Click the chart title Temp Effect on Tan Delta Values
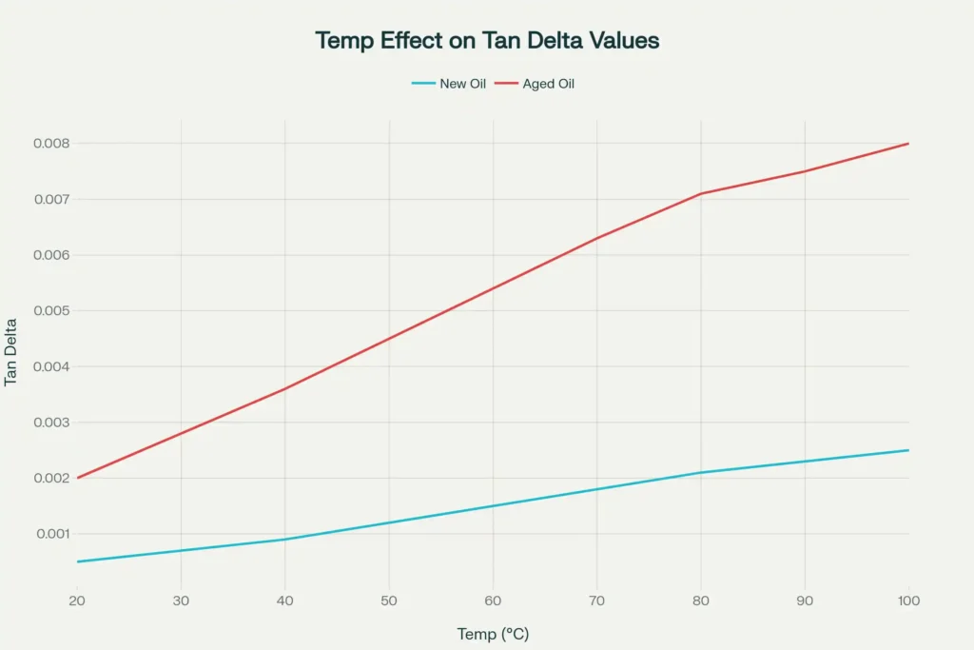click(487, 41)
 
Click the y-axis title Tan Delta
click(11, 350)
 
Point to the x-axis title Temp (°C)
click(493, 634)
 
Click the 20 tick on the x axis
click(78, 600)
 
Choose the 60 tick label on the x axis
click(493, 600)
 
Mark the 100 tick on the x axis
click(908, 600)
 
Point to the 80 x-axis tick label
click(701, 600)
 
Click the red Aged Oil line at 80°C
click(701, 193)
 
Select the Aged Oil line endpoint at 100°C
click(908, 144)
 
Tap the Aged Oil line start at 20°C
click(78, 478)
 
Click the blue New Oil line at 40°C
click(285, 540)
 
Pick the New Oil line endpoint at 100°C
click(908, 450)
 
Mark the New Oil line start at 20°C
click(78, 561)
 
